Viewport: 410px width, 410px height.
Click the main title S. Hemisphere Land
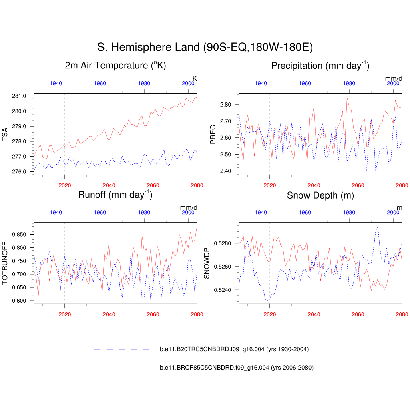[205, 47]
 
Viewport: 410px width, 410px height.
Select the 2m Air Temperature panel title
[115, 66]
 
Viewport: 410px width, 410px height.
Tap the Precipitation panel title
[320, 66]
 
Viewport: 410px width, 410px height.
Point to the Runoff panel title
[115, 195]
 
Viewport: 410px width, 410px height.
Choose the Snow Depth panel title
[320, 195]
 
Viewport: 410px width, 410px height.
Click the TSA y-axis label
[5, 134]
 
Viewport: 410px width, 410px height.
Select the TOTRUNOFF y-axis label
[5, 263]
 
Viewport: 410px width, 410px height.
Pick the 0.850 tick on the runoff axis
[19, 234]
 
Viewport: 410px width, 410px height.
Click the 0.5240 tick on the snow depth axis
[223, 290]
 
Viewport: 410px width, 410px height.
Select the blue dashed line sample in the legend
[124, 350]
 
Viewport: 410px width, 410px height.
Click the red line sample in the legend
[124, 368]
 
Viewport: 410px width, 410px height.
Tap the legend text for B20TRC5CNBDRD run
[234, 350]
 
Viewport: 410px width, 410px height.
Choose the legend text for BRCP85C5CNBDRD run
[236, 368]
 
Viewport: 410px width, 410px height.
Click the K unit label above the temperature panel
[195, 78]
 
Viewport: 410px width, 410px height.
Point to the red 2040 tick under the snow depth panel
[314, 315]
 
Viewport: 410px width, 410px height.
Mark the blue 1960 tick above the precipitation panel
[305, 83]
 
